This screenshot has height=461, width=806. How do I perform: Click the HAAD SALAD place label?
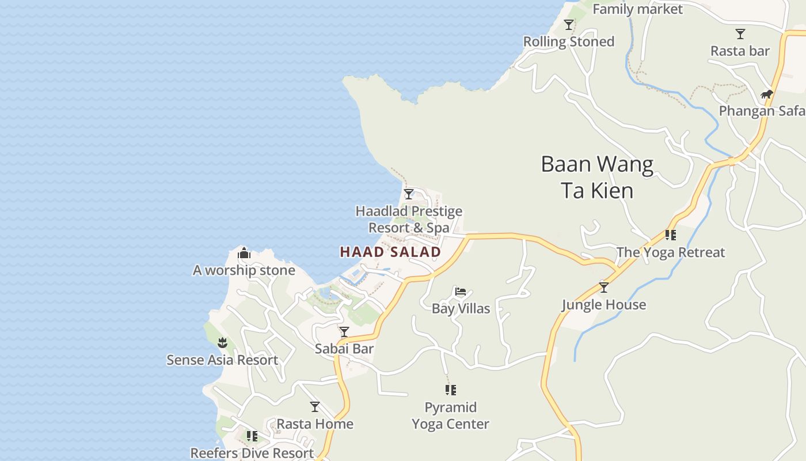point(390,252)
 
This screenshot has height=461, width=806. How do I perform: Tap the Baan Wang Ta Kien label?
point(597,177)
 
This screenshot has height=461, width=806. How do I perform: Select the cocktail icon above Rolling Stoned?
point(569,25)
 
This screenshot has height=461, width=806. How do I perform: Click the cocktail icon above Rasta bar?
point(740,34)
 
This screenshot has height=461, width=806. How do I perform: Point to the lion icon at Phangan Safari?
point(766,94)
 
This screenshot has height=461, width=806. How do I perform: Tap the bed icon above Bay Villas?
point(461,292)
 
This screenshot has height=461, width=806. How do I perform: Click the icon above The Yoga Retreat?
point(671,235)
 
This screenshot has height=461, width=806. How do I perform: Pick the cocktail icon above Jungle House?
point(604,287)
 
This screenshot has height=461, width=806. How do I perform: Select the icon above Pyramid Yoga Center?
point(451,390)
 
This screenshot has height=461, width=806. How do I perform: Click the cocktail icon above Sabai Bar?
point(344,332)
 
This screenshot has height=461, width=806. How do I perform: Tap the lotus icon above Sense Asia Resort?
point(222,343)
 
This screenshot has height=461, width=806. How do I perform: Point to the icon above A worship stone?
point(244,253)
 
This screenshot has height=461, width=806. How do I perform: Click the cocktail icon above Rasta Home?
point(315,407)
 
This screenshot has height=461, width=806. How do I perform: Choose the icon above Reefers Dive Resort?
point(252,436)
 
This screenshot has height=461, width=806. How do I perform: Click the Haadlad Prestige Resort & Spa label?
point(409,220)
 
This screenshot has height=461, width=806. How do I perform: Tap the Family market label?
point(637,9)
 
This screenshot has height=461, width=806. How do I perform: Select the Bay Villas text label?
point(461,308)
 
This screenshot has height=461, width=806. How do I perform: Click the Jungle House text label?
point(604,304)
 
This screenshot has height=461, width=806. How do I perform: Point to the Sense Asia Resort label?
point(222,360)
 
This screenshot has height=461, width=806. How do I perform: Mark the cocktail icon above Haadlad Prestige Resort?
point(409,194)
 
